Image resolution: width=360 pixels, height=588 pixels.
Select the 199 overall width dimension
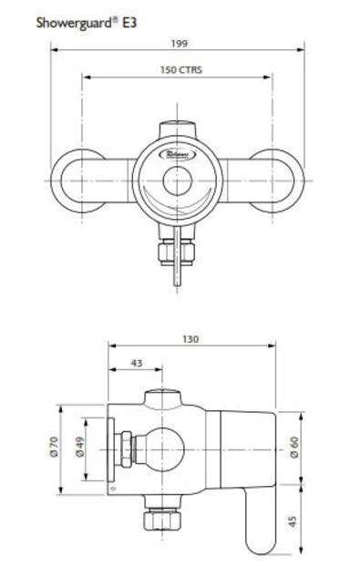(x=179, y=43)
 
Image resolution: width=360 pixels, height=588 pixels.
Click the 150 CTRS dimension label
(x=179, y=70)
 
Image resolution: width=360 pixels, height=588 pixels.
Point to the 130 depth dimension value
(x=190, y=339)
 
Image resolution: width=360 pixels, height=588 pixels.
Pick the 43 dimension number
(x=137, y=363)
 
